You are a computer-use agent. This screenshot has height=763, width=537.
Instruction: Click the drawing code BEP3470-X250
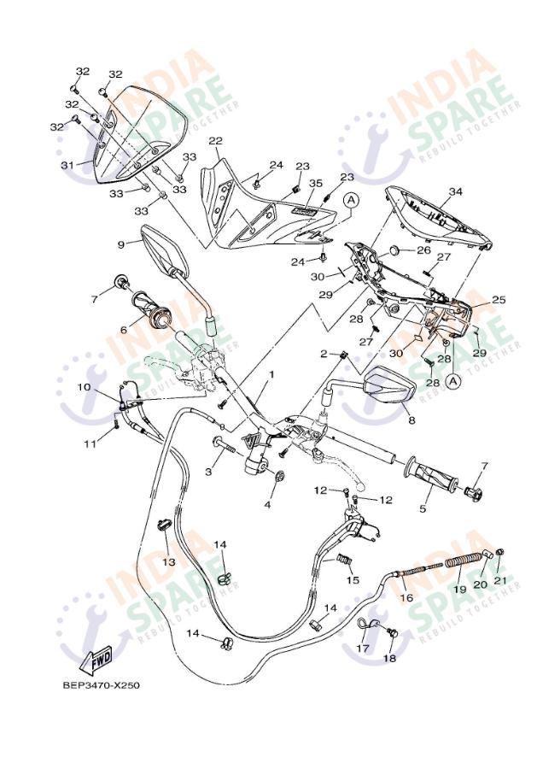[x=102, y=685]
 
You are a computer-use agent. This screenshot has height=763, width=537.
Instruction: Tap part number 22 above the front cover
[x=215, y=141]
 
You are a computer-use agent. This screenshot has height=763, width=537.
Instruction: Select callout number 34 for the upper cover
[x=455, y=191]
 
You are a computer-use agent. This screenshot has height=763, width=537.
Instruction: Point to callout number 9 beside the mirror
[x=121, y=244]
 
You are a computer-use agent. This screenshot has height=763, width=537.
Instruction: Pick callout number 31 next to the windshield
[x=67, y=166]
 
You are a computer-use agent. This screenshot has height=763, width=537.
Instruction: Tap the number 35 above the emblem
[x=316, y=183]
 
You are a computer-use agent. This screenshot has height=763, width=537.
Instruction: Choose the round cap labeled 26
[x=396, y=251]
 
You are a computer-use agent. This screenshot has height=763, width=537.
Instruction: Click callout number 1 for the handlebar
[x=271, y=374]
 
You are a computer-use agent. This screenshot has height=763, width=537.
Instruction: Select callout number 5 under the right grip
[x=423, y=508]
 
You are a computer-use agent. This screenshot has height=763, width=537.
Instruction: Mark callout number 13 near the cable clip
[x=168, y=562]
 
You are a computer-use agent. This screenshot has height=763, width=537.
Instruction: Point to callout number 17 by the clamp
[x=363, y=649]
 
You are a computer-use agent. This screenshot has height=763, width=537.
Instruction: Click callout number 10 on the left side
[x=84, y=387]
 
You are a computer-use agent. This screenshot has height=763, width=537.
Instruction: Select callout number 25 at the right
[x=499, y=300]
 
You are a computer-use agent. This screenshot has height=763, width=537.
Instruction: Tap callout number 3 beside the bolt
[x=208, y=472]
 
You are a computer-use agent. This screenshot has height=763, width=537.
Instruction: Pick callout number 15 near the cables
[x=353, y=579]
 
